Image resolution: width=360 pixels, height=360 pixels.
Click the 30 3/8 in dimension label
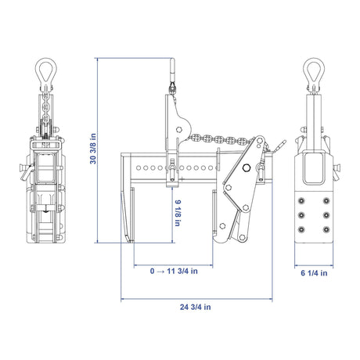pos(93,149)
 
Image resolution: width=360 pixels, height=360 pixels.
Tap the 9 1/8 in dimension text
pos(178,213)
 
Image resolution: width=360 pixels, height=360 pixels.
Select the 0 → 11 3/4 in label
pos(174,271)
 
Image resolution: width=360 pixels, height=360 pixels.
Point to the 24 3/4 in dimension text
pos(196,307)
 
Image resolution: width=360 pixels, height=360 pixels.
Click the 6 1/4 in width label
pos(314,273)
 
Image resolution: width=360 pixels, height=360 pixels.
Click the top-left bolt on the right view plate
pos(302,200)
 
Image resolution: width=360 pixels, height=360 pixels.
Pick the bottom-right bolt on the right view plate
pos(326,229)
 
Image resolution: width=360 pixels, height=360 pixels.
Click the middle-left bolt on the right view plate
pos(302,215)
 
